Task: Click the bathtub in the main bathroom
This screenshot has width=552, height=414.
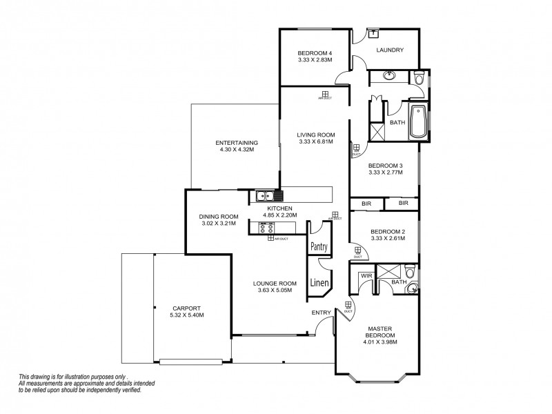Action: click(x=418, y=122)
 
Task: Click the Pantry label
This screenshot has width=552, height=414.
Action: click(x=318, y=246)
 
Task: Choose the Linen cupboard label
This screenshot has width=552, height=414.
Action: click(x=318, y=282)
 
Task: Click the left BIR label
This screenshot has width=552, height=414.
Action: click(x=366, y=204)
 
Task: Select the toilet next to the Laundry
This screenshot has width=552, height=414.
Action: click(x=419, y=80)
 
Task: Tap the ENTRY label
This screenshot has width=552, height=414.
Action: click(x=321, y=313)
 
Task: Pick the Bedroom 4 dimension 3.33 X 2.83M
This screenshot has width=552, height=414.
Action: click(x=315, y=61)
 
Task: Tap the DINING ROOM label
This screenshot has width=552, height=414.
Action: click(x=218, y=216)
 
